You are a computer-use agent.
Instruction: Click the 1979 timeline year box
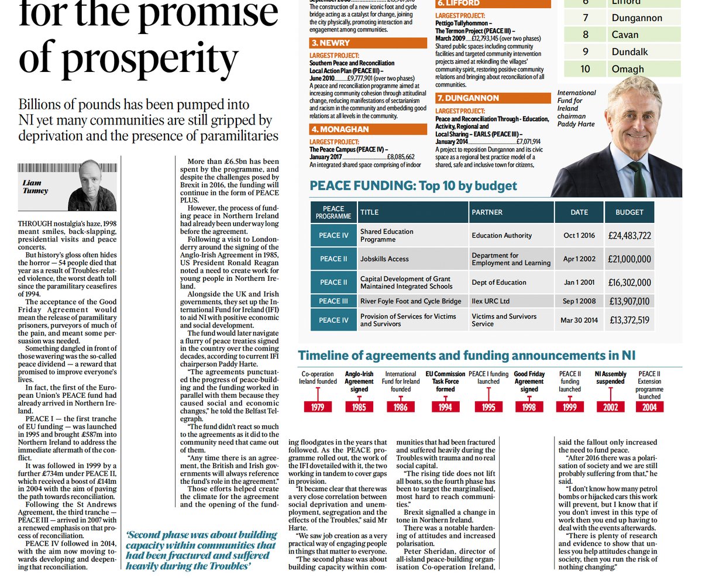click(x=318, y=407)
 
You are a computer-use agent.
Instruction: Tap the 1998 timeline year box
click(x=529, y=407)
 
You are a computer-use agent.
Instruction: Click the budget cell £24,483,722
click(x=629, y=236)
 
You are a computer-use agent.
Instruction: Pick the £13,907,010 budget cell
click(x=629, y=301)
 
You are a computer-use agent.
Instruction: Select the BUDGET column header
click(x=629, y=212)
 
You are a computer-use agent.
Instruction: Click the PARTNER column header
click(x=488, y=212)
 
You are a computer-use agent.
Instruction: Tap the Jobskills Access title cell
click(x=384, y=259)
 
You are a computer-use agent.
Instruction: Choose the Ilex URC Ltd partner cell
click(x=491, y=301)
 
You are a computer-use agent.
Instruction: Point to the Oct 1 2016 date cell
click(x=579, y=236)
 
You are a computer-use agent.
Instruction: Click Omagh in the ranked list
click(x=628, y=69)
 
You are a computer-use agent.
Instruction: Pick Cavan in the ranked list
click(x=625, y=35)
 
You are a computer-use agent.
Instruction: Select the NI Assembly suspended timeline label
click(x=610, y=378)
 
